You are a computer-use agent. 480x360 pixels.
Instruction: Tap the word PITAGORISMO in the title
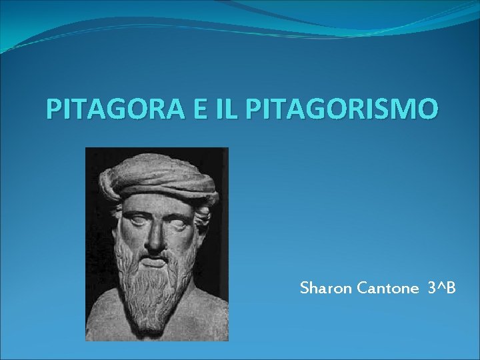pyautogui.click(x=342, y=108)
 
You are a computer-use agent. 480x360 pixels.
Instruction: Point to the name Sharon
pyautogui.click(x=327, y=289)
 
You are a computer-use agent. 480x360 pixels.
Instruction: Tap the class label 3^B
pyautogui.click(x=442, y=289)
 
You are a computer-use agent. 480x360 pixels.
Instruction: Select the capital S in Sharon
pyautogui.click(x=305, y=289)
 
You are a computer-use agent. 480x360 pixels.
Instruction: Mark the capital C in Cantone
pyautogui.click(x=362, y=289)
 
